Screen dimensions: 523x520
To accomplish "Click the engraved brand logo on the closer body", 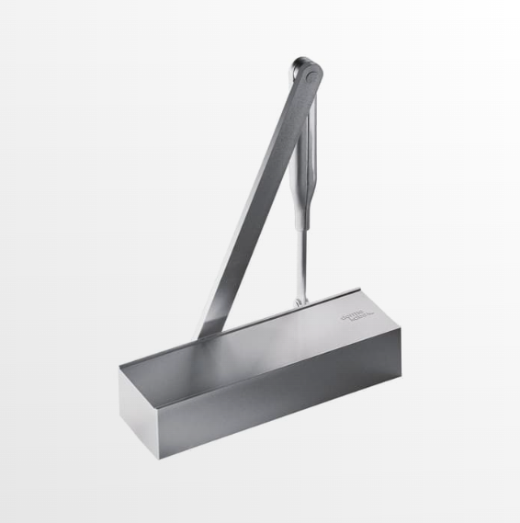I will [x=357, y=314].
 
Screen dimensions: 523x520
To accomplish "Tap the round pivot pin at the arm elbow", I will [x=306, y=70].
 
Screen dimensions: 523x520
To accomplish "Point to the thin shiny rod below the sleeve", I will [x=301, y=262].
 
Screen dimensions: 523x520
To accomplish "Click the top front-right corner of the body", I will [x=401, y=327].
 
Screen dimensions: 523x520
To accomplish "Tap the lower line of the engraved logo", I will [x=359, y=318].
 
